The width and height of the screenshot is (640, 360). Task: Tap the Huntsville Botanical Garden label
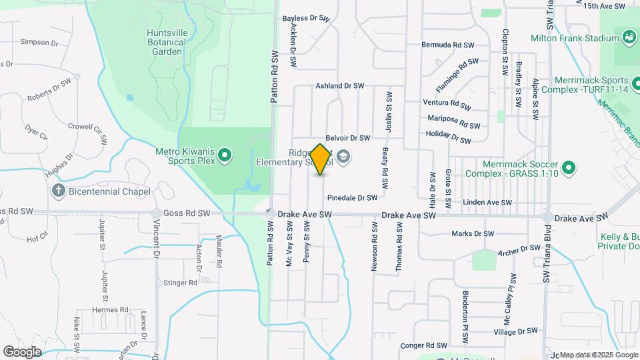pos(166,41)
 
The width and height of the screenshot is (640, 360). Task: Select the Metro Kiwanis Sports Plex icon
pos(225,156)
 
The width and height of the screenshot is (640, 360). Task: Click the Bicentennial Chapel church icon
pos(59,191)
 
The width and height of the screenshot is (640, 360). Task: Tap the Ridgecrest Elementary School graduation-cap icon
pos(343,157)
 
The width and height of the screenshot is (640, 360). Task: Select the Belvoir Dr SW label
pos(347,138)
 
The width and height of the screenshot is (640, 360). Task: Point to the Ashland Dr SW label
pos(340,86)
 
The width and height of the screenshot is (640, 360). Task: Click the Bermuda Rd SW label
pos(447,45)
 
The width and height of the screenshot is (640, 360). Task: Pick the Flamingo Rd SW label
pos(457,75)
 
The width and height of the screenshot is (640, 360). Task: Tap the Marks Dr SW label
pos(473,234)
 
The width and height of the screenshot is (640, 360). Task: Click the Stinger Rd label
pos(180,283)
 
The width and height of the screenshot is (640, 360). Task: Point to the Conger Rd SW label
pos(423,346)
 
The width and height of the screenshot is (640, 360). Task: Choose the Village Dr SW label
pos(515,331)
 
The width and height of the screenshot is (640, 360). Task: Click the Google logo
pos(22,351)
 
